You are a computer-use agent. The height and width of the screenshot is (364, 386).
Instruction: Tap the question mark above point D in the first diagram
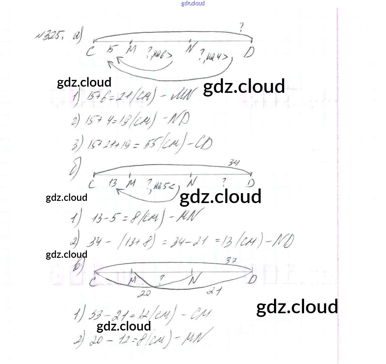241,28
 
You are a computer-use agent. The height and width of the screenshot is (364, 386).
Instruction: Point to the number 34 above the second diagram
234,162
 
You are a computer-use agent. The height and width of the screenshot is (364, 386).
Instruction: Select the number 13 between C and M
113,183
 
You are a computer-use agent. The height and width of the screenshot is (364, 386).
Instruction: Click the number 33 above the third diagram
230,261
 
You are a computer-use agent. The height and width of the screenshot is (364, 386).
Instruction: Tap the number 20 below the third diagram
144,292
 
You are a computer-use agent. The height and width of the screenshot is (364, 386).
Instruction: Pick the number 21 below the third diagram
213,291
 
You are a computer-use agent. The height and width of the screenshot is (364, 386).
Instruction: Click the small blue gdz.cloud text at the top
193,3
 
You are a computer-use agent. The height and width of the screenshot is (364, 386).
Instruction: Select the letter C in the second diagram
92,185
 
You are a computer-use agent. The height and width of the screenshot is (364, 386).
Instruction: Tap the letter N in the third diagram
194,279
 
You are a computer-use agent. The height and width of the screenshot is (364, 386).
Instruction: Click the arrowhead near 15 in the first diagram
109,63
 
